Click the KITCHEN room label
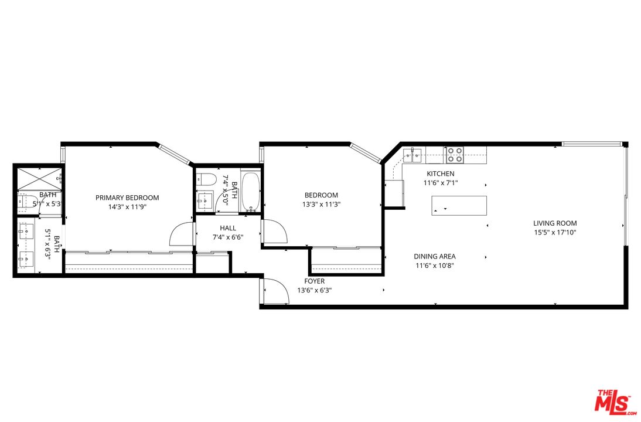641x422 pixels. (440, 173)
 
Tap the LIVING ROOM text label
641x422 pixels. (554, 223)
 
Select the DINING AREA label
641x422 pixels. (434, 256)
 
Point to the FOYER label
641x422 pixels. (314, 281)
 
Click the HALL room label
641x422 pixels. (228, 228)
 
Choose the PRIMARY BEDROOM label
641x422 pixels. (127, 198)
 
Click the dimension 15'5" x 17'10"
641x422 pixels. (554, 232)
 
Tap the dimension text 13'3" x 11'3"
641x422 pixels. (321, 205)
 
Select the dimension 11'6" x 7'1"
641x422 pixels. (440, 183)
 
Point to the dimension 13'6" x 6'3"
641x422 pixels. (314, 290)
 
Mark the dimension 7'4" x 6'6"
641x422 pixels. (228, 237)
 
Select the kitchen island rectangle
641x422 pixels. (459, 205)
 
